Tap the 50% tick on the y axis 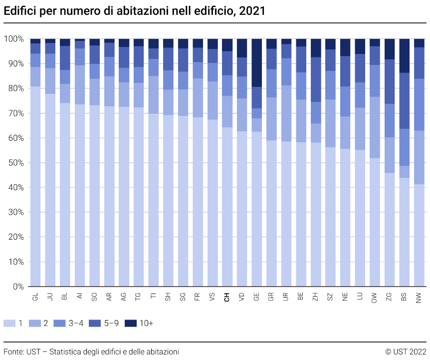[15, 163]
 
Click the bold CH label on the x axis [227, 297]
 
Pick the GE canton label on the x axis [256, 297]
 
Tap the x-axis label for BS [404, 297]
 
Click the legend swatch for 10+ [131, 324]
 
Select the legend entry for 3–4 [69, 324]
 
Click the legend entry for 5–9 [105, 324]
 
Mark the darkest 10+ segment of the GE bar [256, 62]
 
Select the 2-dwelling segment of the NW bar [419, 157]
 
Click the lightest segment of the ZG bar [390, 230]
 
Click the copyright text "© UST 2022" [406, 352]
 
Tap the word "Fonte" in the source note [13, 352]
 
